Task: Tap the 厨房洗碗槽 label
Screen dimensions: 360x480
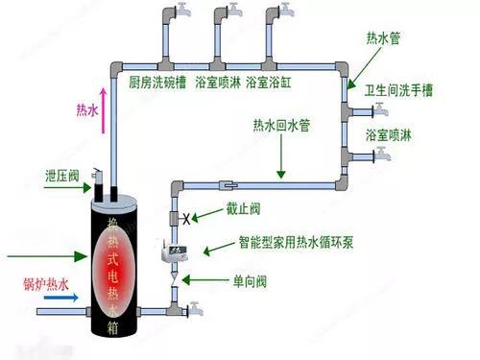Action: click(157, 83)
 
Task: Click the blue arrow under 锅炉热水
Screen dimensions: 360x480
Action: click(63, 310)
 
